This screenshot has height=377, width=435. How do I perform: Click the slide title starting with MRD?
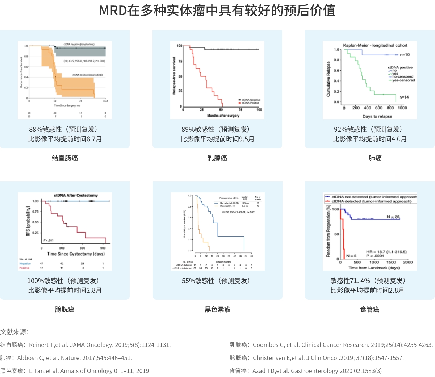(x=217, y=11)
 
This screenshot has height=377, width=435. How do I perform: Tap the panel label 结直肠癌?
(x=65, y=158)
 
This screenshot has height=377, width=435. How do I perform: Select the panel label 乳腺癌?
(x=217, y=158)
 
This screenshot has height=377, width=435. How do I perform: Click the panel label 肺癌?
(x=375, y=158)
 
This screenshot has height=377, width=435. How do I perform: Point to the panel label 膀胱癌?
(x=65, y=309)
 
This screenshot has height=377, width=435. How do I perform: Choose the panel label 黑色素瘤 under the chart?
(x=218, y=309)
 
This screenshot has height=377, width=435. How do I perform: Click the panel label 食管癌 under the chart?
(x=370, y=309)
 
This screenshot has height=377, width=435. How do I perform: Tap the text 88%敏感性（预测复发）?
(x=65, y=129)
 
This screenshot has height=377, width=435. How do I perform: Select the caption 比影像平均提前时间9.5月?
(x=217, y=139)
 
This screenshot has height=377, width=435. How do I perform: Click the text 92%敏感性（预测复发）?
(x=370, y=129)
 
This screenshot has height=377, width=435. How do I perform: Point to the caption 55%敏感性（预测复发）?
(x=218, y=281)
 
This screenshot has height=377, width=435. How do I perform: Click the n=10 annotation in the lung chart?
(x=405, y=55)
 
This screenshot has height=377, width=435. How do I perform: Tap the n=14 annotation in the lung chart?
(x=404, y=97)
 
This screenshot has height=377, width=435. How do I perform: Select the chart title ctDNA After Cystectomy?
(x=76, y=196)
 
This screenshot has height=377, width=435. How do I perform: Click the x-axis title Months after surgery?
(x=223, y=116)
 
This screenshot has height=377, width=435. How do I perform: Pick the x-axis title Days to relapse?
(x=377, y=116)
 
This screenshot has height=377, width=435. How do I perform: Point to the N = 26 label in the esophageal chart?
(x=393, y=217)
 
